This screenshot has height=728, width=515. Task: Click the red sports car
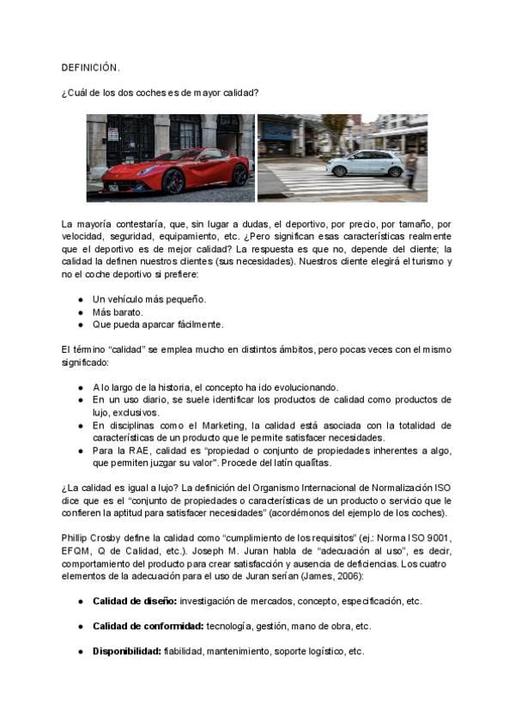[x=181, y=170]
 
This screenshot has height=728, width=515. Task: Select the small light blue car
[x=364, y=163]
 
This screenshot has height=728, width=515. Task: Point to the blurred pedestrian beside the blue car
[x=411, y=167]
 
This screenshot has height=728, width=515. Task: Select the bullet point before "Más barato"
[x=80, y=312]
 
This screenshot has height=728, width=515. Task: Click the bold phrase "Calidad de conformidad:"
[x=148, y=627]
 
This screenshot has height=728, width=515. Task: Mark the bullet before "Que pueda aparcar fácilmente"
[x=80, y=325]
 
